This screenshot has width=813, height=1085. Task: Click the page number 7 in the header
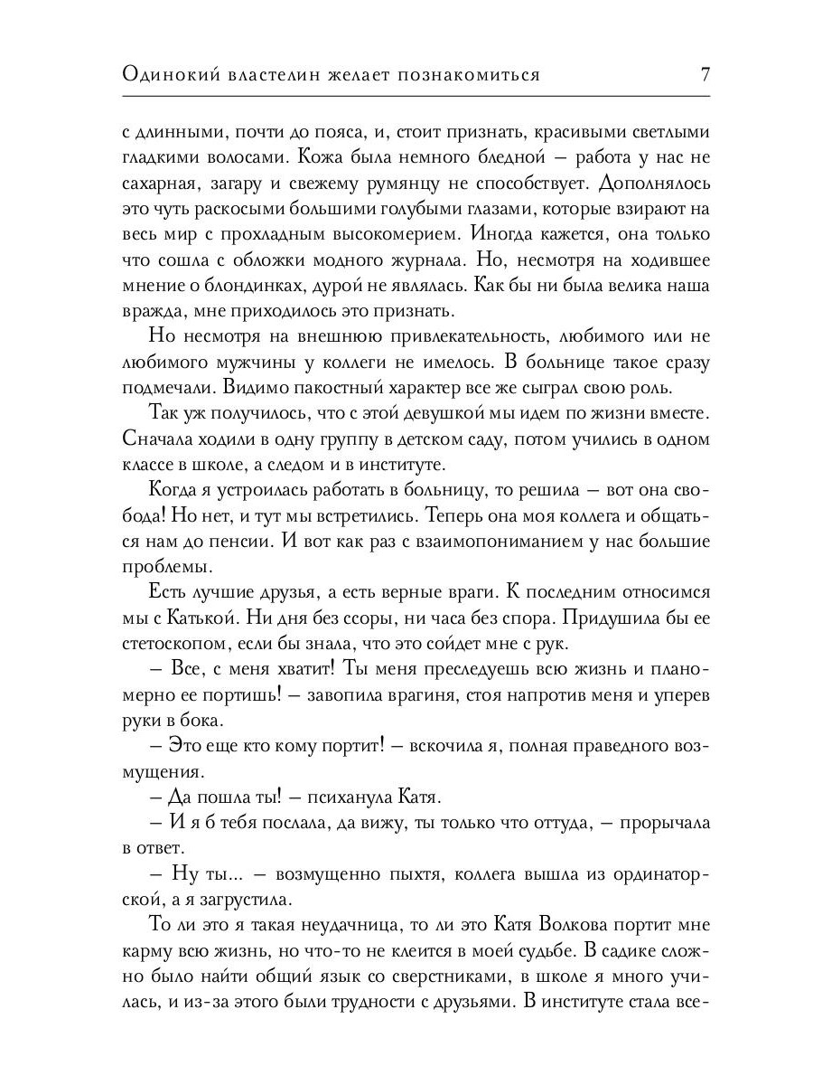pyautogui.click(x=705, y=75)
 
